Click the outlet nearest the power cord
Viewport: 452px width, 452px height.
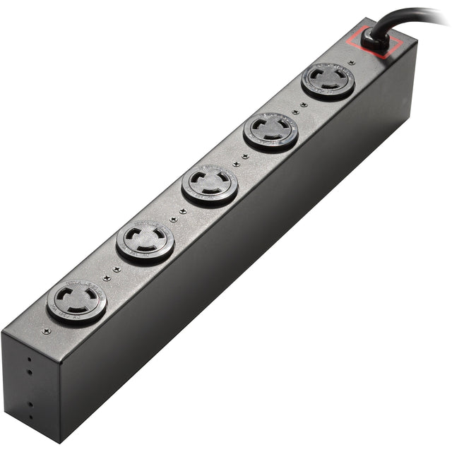click(x=328, y=81)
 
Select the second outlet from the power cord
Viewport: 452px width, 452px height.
click(x=271, y=131)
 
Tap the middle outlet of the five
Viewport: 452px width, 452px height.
click(x=210, y=185)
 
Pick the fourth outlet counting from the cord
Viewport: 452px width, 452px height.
click(x=145, y=242)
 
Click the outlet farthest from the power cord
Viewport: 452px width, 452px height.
click(x=76, y=302)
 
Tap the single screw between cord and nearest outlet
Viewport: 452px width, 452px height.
click(x=351, y=62)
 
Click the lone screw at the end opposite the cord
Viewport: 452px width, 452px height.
click(x=46, y=331)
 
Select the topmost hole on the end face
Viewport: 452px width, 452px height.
click(x=29, y=357)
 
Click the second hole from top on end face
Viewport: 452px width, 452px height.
click(x=30, y=369)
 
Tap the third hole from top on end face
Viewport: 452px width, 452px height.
click(x=30, y=405)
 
